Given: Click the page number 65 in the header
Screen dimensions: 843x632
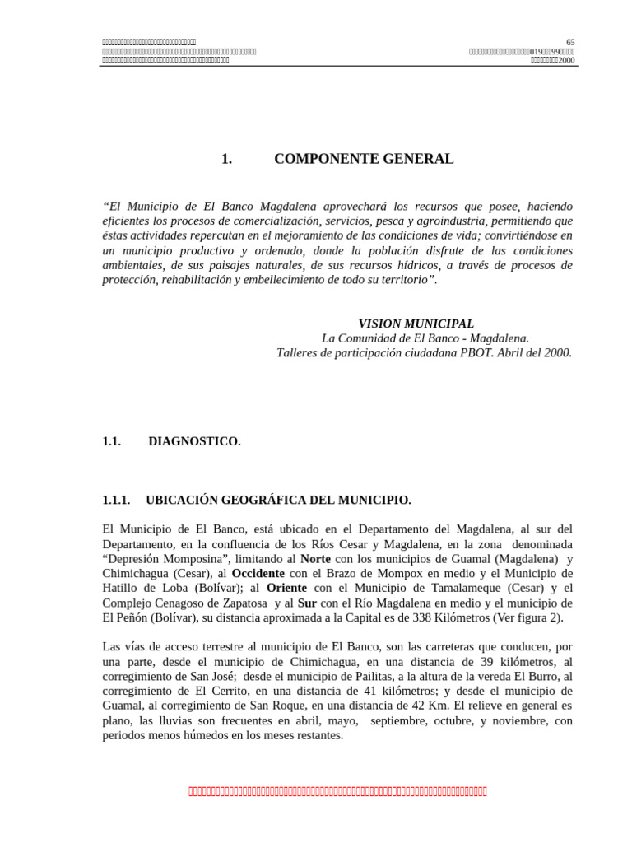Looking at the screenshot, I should (x=570, y=42).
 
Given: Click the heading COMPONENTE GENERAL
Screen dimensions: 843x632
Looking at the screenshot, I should (x=363, y=159).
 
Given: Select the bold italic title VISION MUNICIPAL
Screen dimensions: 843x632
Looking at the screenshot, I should (x=416, y=324).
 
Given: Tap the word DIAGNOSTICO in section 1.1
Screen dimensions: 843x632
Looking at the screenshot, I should (x=194, y=441).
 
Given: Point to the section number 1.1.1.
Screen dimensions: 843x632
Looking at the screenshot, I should (x=116, y=500).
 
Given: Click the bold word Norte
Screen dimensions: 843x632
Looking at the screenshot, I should (x=316, y=558).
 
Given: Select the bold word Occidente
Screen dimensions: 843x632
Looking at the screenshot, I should (x=258, y=573).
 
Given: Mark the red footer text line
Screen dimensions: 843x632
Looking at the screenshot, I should (x=337, y=792).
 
